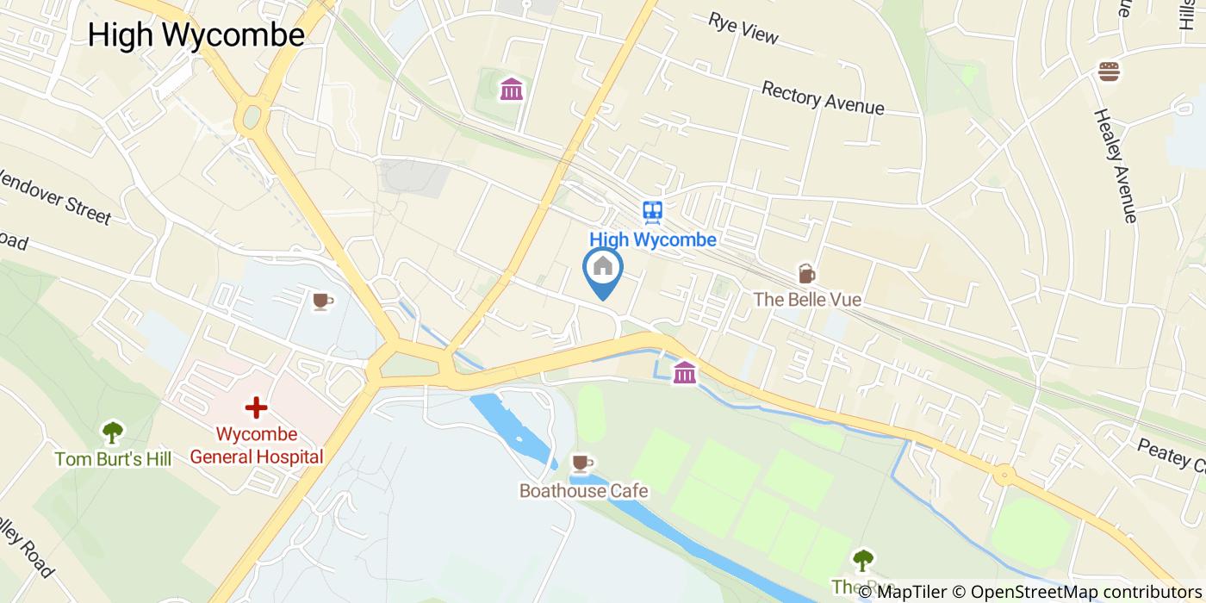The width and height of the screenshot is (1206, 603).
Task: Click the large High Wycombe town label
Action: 196,35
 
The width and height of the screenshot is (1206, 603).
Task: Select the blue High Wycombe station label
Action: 652,239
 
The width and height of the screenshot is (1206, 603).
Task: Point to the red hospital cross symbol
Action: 256,407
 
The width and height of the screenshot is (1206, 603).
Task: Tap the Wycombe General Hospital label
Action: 256,445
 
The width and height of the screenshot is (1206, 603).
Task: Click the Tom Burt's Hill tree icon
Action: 112,432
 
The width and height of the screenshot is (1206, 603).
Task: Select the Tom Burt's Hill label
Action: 113,459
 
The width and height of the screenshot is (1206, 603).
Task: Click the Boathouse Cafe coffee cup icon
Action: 582,463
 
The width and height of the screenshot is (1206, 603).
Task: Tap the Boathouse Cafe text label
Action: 583,491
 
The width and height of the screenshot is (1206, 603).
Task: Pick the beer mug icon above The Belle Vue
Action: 806,273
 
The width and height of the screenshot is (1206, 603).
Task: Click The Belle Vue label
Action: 807,300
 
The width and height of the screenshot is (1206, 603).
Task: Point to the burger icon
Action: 1109,71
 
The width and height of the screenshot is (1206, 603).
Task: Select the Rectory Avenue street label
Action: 823,98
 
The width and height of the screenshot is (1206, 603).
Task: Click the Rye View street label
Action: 743,28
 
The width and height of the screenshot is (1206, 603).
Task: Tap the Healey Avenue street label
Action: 1116,165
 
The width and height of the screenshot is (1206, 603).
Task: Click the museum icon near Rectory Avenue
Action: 512,89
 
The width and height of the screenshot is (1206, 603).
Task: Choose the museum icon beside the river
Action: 685,372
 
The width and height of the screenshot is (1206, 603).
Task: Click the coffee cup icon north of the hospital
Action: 322,301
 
